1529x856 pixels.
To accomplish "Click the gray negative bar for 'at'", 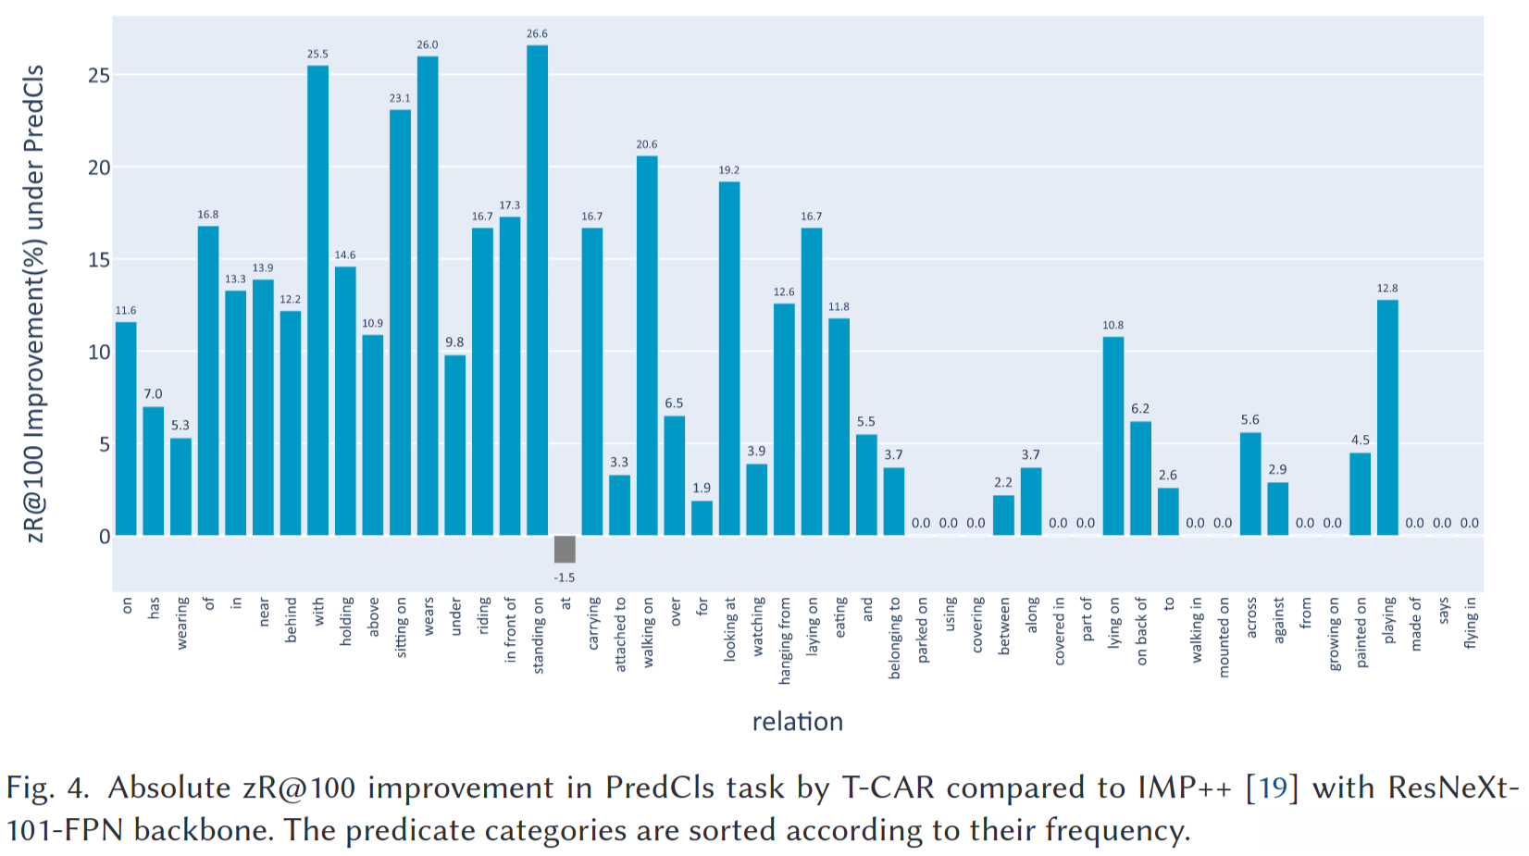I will tap(565, 549).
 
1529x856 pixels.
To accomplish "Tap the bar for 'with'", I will tap(317, 300).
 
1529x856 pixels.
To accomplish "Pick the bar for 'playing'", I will tap(1387, 417).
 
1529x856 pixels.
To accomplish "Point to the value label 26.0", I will tap(428, 44).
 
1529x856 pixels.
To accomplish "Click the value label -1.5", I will tap(565, 577).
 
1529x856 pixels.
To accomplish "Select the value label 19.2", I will tap(729, 170).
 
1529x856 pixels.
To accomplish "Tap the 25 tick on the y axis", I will tap(98, 76).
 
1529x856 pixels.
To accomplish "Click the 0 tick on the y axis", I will tap(104, 537).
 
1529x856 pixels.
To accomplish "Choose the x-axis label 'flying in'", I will tap(1471, 622).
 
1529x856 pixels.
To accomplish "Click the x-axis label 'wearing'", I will tap(181, 622).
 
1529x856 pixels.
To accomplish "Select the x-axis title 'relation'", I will tap(797, 722).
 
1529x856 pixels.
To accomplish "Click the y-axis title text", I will tap(34, 304).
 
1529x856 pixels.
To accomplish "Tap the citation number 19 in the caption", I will tap(1273, 788).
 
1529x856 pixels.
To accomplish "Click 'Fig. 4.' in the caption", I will tap(47, 788).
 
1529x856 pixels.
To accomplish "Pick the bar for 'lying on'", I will tap(1113, 436).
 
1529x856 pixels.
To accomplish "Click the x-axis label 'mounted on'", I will tap(1224, 637).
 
